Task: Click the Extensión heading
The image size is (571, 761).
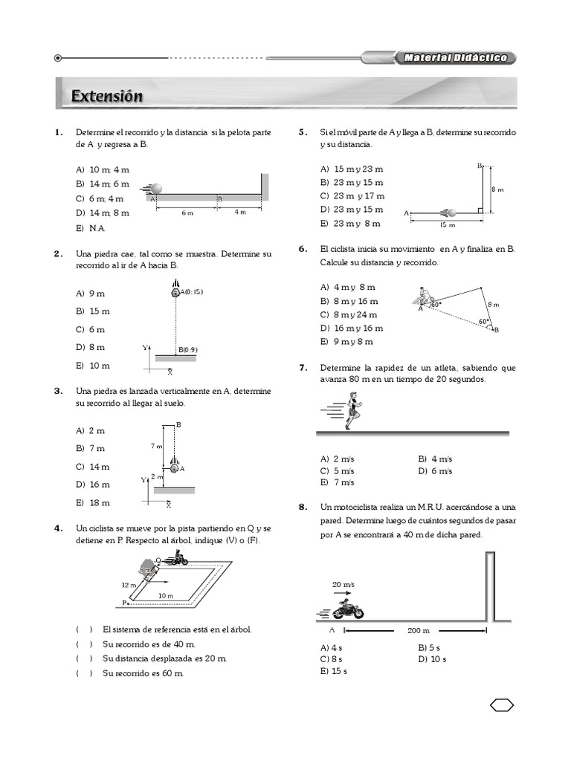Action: point(107,97)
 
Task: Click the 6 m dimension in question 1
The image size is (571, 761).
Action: point(187,213)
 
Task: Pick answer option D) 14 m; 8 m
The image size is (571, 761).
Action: point(102,213)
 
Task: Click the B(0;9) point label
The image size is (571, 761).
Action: point(188,349)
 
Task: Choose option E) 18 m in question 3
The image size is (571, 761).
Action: point(92,502)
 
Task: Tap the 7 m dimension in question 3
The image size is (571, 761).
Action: point(156,446)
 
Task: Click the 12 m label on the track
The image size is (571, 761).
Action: point(129,585)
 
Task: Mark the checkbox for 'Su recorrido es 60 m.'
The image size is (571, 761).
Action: point(83,673)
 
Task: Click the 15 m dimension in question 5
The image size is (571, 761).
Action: point(447,224)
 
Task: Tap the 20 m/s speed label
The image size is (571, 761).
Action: point(343,585)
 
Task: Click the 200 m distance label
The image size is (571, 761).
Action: point(419,631)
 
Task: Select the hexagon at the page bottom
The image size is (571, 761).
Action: point(502,705)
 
